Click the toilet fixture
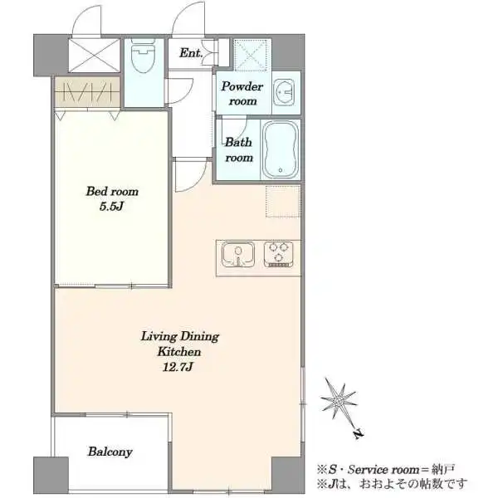point(143,57)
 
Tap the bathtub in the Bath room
point(281,149)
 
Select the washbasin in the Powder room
point(284,91)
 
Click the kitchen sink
point(238,255)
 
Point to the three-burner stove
point(279,254)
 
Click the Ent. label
point(191,53)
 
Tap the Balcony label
point(110,452)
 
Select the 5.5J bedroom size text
point(111,207)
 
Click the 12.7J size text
point(178,367)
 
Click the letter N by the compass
point(359,434)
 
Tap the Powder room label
point(242,94)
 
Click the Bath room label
point(239,149)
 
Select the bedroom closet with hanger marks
point(87,92)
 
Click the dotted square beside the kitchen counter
point(283,202)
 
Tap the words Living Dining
point(180,336)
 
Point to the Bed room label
point(112,191)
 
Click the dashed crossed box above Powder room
point(252,55)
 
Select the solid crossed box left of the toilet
point(95,56)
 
